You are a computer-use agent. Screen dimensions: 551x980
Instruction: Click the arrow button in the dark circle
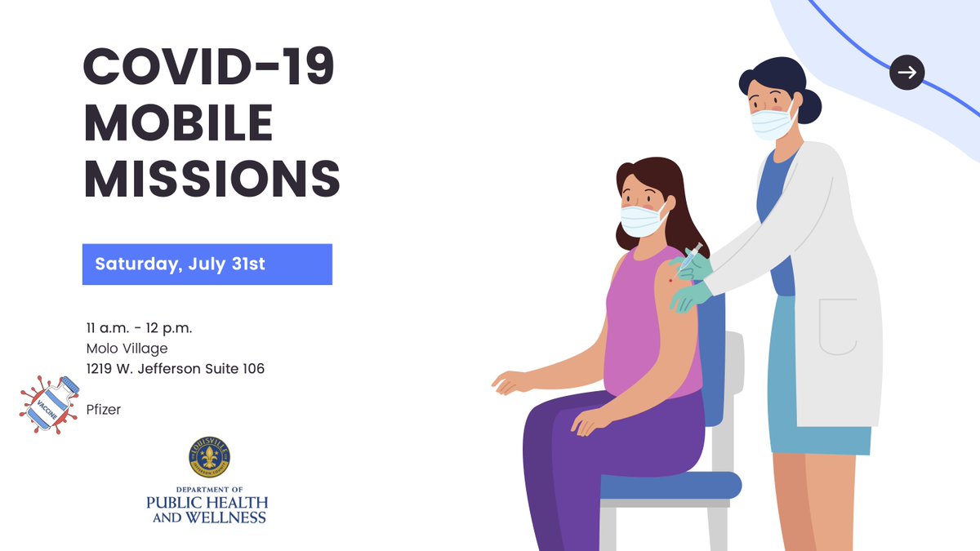[x=906, y=73]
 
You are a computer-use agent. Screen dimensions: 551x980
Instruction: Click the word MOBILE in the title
[x=178, y=123]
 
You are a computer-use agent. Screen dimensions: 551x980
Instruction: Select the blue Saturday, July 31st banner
[x=207, y=264]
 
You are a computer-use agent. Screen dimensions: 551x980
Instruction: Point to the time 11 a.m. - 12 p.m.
[x=140, y=328]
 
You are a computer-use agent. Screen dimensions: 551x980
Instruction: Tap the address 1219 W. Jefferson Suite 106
[x=176, y=369]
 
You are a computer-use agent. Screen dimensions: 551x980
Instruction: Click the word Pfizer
[x=104, y=410]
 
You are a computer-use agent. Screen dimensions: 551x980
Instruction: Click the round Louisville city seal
[x=209, y=457]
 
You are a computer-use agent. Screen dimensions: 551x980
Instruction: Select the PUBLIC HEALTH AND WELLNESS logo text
[x=207, y=509]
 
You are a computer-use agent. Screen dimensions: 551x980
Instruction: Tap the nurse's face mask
[x=772, y=123]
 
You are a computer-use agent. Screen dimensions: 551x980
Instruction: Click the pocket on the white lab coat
[x=838, y=327]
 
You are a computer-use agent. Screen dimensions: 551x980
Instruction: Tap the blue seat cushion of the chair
[x=670, y=486]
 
